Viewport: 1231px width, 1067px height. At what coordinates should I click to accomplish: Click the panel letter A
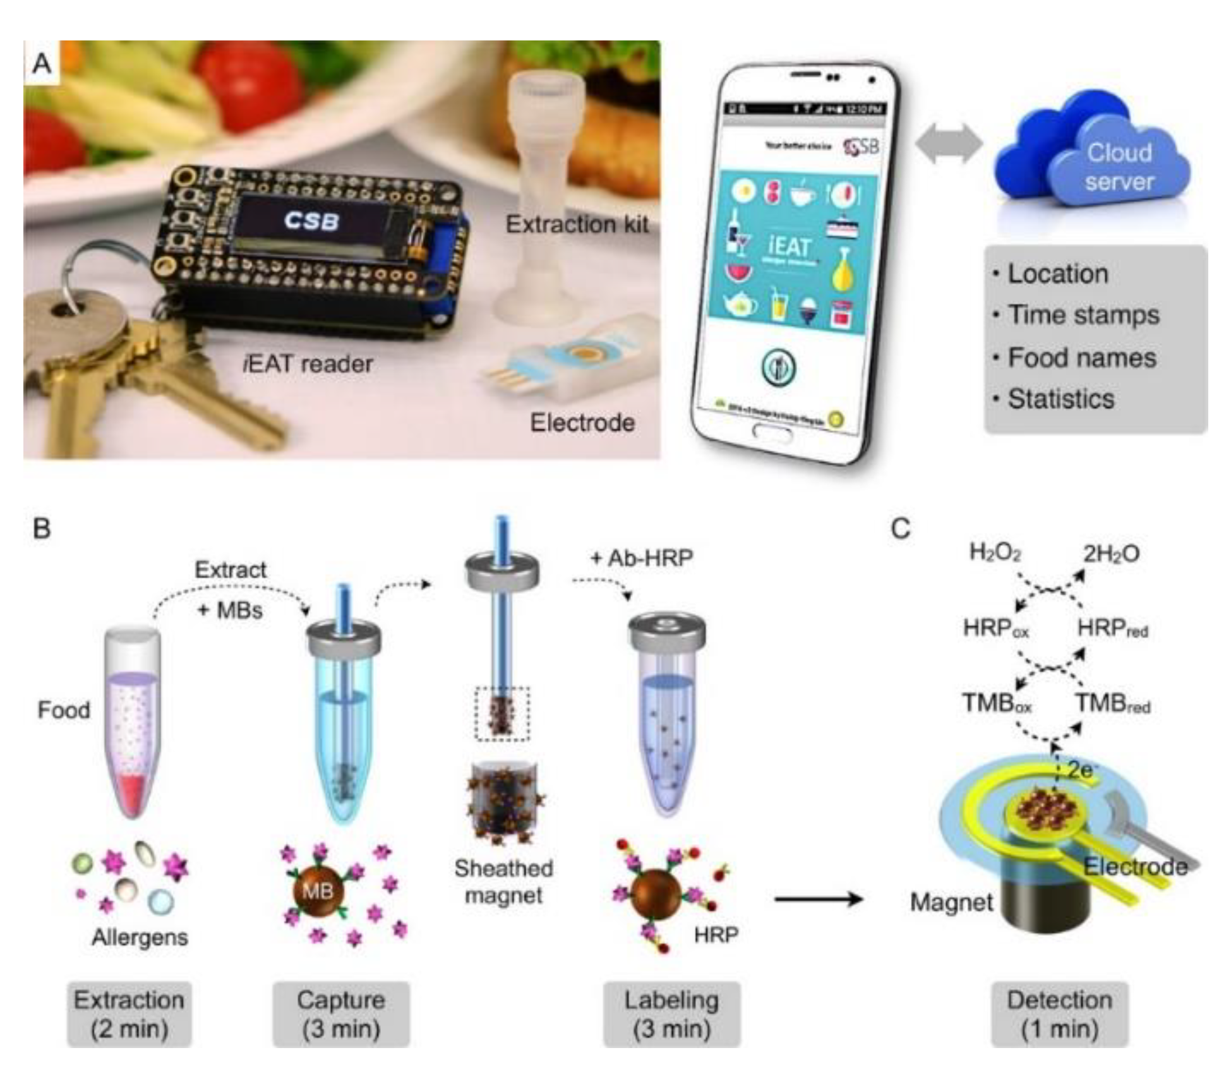[42, 63]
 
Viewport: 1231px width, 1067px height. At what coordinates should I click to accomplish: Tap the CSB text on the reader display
[311, 220]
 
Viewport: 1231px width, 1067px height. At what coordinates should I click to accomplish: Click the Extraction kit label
[577, 224]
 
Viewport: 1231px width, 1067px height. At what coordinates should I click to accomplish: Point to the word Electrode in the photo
[582, 422]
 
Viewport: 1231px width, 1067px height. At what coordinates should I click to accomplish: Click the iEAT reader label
[308, 364]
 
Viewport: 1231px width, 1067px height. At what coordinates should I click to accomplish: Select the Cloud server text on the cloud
[1119, 167]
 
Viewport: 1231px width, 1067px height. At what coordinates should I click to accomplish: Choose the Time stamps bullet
[1083, 315]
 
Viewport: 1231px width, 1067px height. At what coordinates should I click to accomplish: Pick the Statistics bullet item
[1060, 399]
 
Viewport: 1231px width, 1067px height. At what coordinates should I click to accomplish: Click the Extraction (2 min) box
[129, 1013]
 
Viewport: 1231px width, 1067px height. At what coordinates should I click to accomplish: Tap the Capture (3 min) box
[341, 1013]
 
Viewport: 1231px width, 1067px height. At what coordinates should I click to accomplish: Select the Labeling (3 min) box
[671, 1013]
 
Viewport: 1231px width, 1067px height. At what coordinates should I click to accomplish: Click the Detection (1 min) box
[1059, 1013]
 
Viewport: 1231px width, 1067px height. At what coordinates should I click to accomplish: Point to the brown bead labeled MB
[318, 891]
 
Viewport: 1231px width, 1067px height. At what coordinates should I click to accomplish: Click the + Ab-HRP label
[641, 558]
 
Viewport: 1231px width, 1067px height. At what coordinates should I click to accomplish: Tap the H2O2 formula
[995, 553]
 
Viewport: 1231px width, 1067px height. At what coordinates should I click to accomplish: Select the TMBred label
[1112, 703]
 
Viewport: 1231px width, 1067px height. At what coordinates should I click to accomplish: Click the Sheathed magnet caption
[503, 881]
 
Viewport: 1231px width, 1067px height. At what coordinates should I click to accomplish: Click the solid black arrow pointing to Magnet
[817, 898]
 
